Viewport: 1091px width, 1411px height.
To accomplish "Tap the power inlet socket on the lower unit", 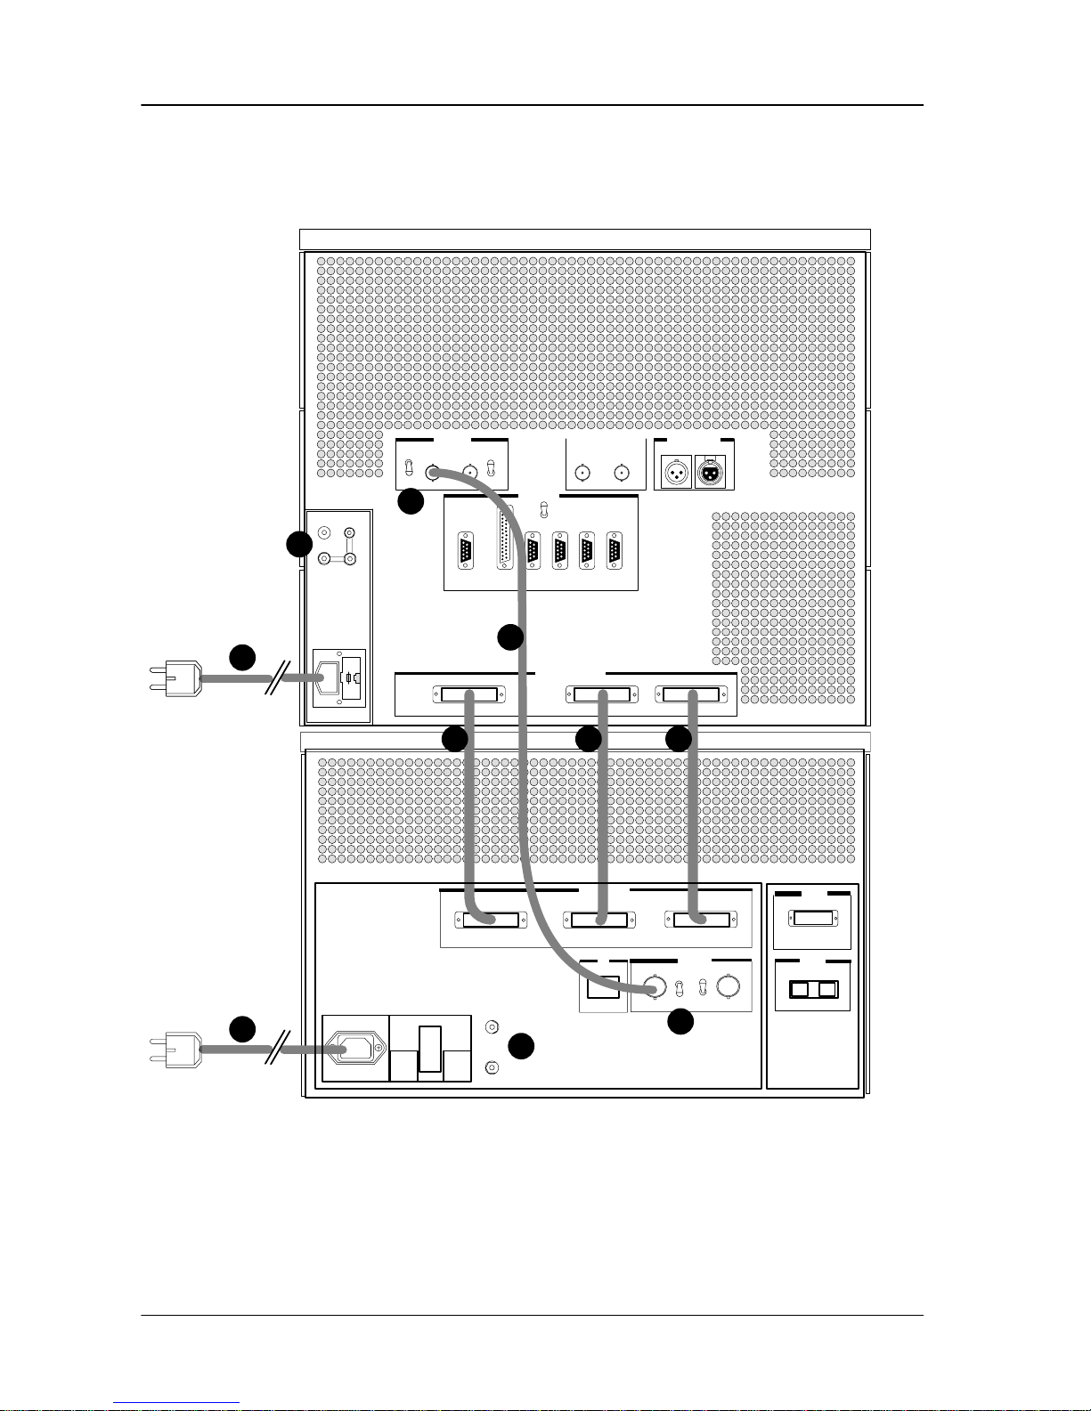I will click(x=355, y=1051).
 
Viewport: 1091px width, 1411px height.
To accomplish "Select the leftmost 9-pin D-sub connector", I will click(x=465, y=549).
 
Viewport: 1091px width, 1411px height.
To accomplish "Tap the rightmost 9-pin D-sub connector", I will click(x=615, y=549).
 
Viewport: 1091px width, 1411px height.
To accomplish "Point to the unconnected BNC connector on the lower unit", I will click(x=729, y=987).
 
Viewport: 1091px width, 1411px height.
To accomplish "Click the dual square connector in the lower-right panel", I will click(x=813, y=990).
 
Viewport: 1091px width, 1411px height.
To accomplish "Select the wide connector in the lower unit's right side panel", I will click(x=813, y=919).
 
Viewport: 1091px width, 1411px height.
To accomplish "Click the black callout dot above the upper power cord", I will click(x=242, y=658).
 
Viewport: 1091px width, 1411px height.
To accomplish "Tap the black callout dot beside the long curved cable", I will click(x=509, y=637).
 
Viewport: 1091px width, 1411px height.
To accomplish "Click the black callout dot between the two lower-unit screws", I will click(x=521, y=1047).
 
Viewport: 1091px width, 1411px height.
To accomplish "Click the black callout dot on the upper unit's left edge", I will click(x=299, y=544).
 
